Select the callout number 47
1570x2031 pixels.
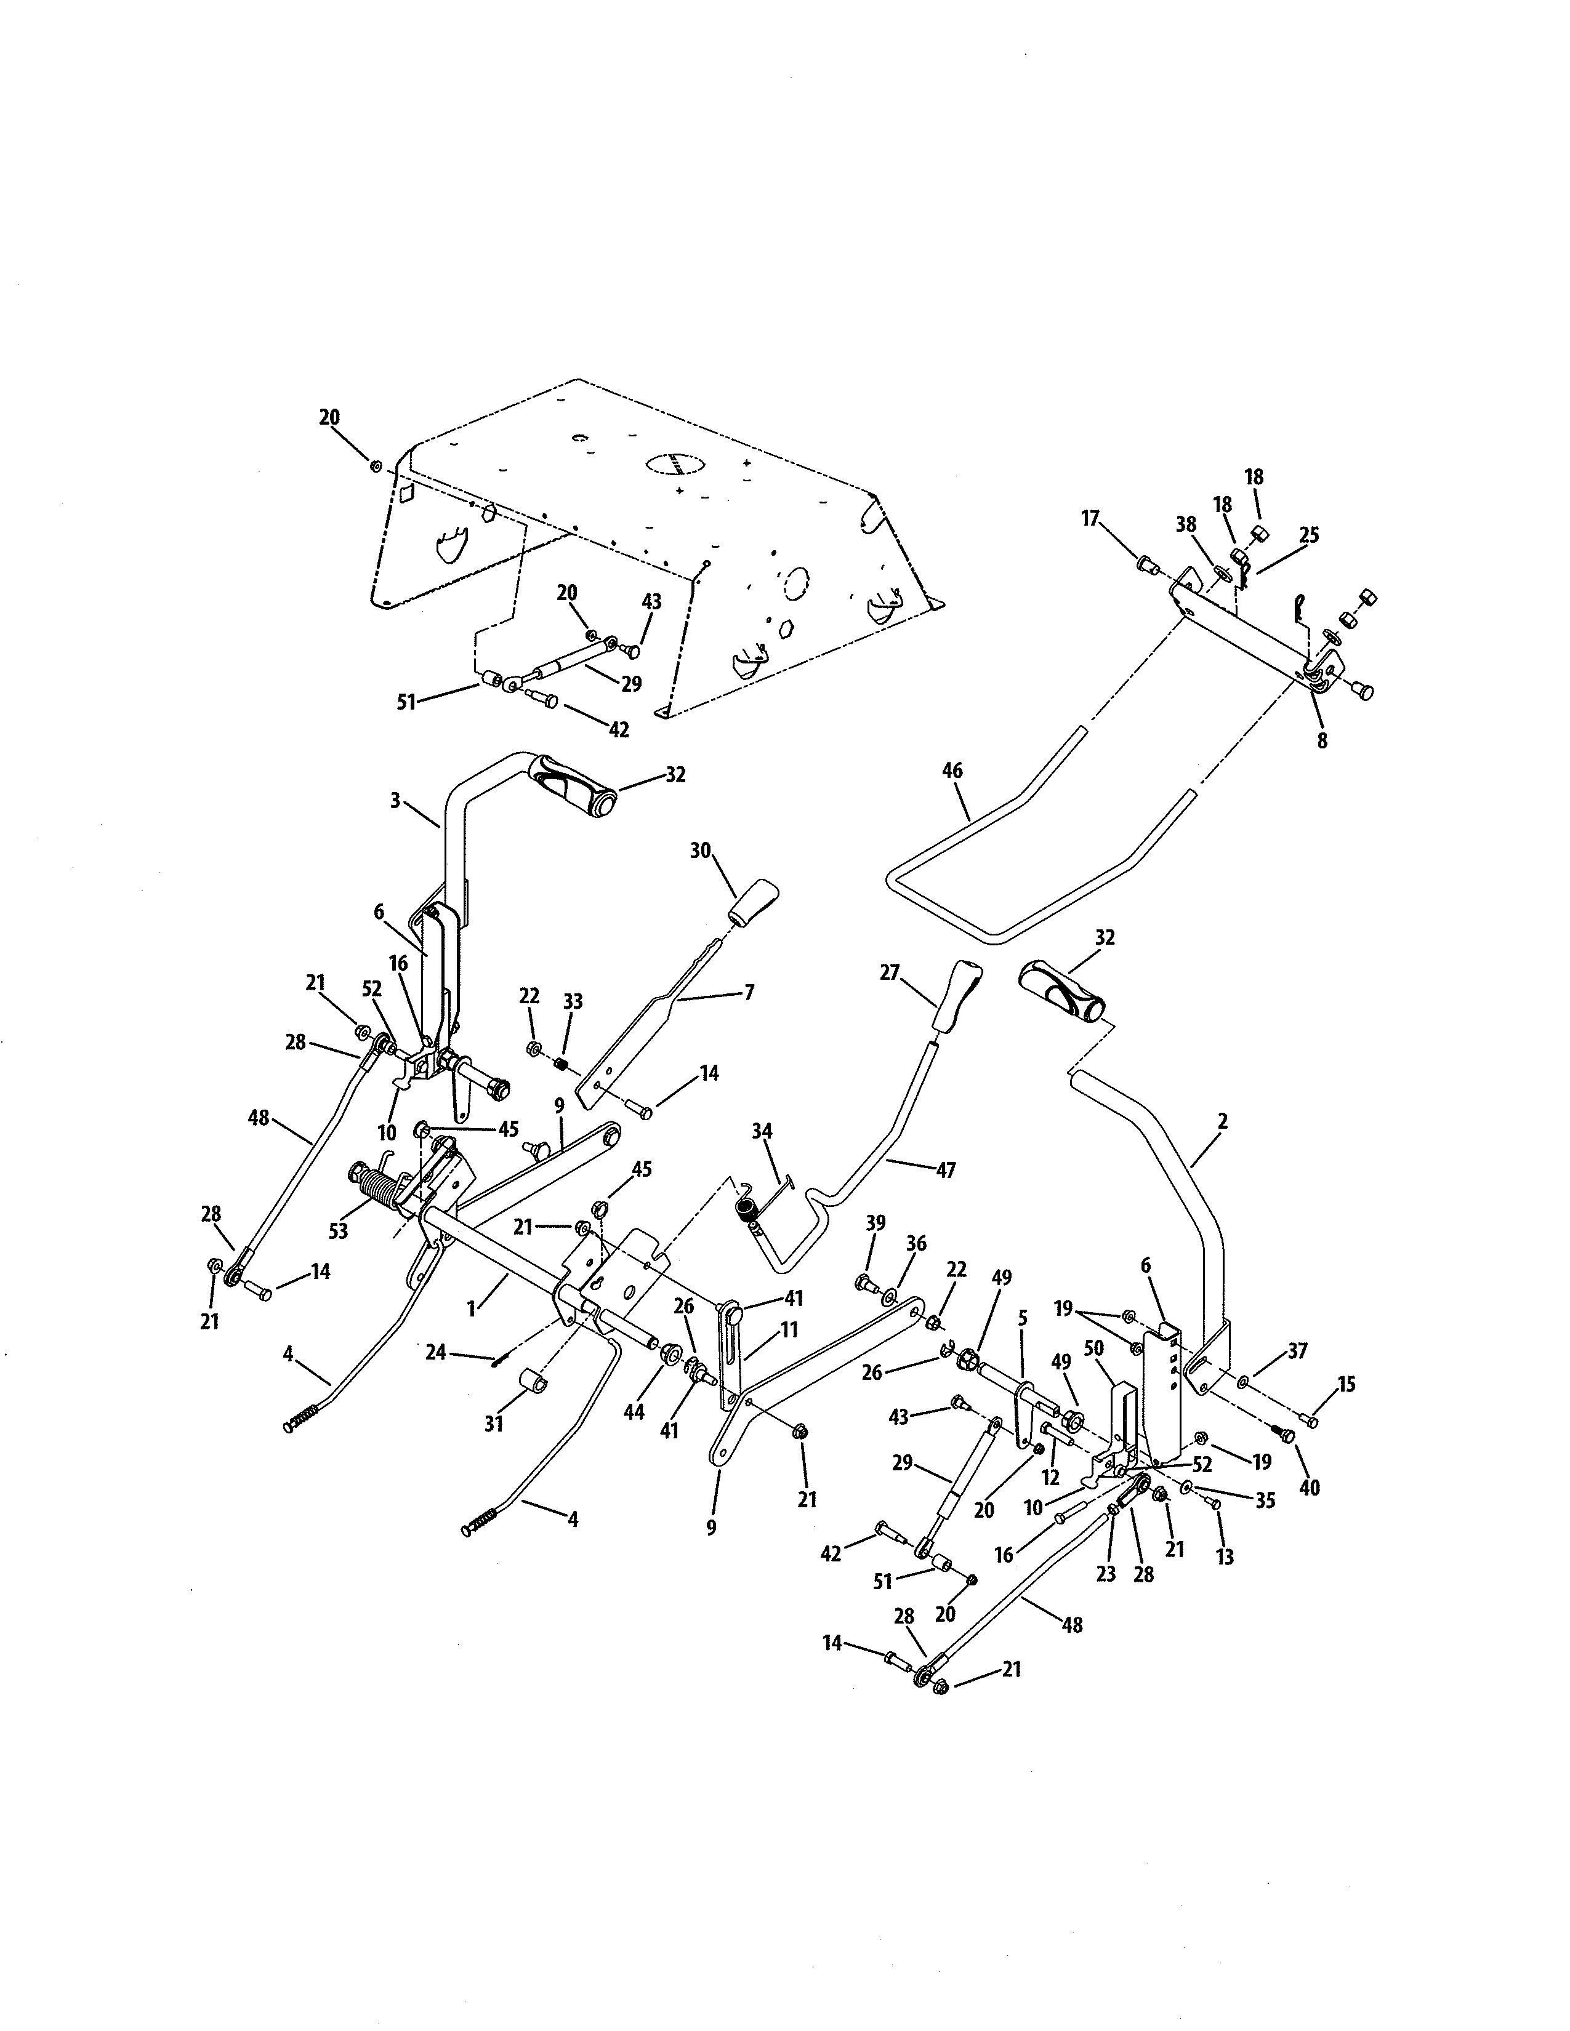(x=945, y=1171)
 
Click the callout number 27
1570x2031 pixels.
(x=890, y=972)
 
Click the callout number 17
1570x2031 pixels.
(x=1090, y=518)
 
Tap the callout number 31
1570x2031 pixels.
(x=494, y=1423)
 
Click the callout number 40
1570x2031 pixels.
(x=1309, y=1488)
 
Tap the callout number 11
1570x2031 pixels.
(x=789, y=1331)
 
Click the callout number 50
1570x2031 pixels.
(x=1094, y=1374)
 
